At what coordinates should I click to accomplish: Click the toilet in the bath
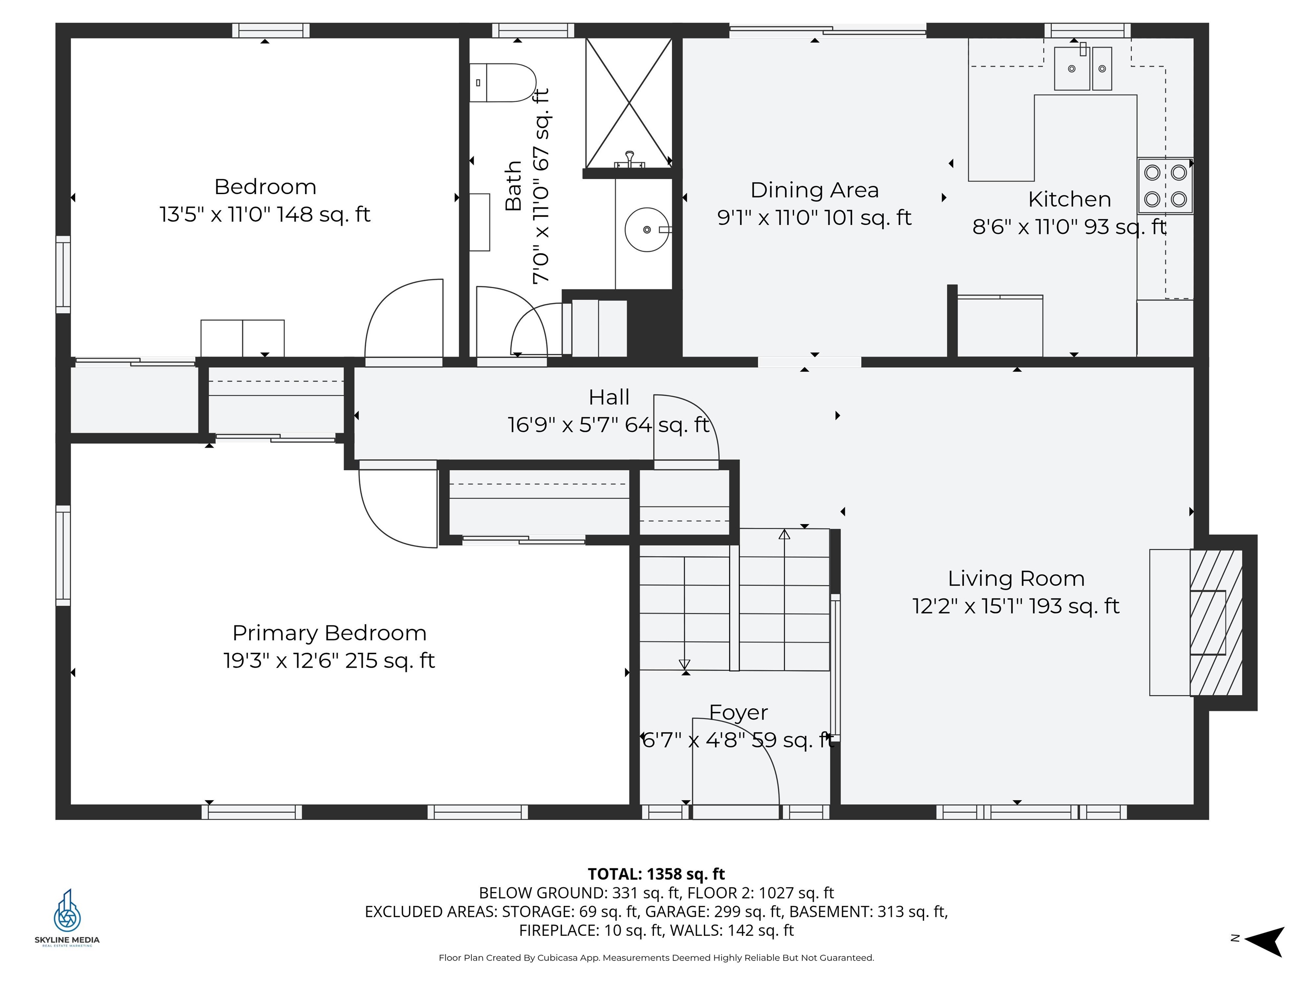pyautogui.click(x=502, y=83)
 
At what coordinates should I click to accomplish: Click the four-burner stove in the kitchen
pyautogui.click(x=1165, y=186)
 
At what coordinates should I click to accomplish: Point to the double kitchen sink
pyautogui.click(x=1083, y=69)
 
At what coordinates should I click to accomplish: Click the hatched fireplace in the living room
pyautogui.click(x=1216, y=622)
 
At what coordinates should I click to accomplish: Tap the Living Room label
pyautogui.click(x=1016, y=578)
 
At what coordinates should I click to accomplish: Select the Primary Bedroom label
pyautogui.click(x=330, y=633)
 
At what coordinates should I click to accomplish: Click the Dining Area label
pyautogui.click(x=814, y=190)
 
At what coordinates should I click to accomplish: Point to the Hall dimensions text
pyautogui.click(x=609, y=425)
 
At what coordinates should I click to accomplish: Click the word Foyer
pyautogui.click(x=739, y=713)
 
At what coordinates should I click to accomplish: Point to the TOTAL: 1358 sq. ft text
pyautogui.click(x=656, y=874)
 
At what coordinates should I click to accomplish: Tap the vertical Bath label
pyautogui.click(x=513, y=185)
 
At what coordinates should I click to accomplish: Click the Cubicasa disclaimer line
pyautogui.click(x=656, y=958)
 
